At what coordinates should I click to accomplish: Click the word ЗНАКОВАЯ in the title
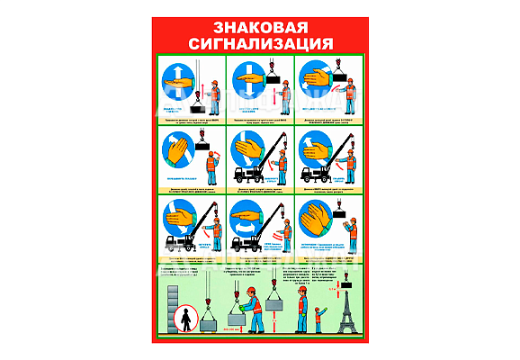click(260, 27)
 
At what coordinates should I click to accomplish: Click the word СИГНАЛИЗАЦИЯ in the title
click(260, 42)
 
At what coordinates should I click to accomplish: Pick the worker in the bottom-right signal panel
click(349, 231)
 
